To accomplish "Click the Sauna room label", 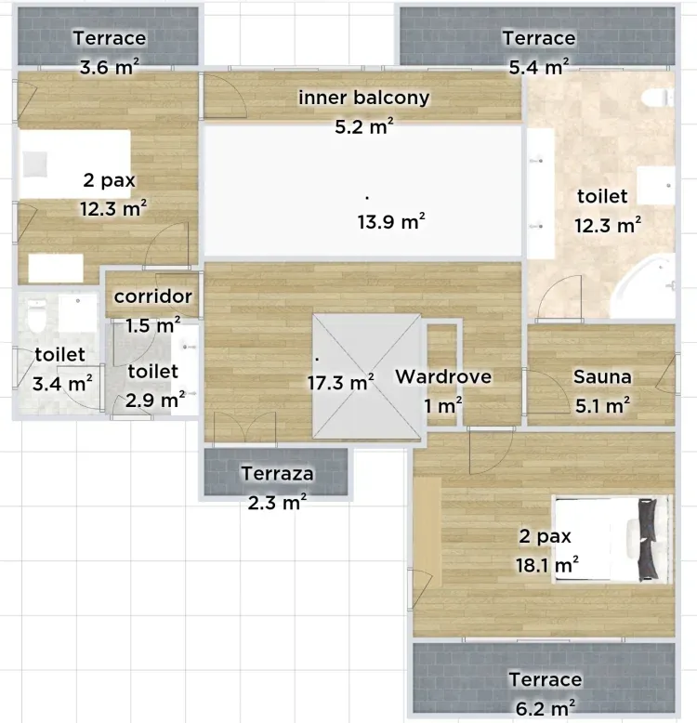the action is coord(602,376).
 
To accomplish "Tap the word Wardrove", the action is coord(443,376).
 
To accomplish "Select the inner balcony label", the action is coord(363,98).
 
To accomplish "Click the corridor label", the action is coord(153,296).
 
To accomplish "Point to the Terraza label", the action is coord(277,474).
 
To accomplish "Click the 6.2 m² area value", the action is coord(546,708).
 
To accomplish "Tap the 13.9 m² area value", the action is coord(391,222).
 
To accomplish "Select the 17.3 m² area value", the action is coord(341,383).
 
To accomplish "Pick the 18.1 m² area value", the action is coord(547,565).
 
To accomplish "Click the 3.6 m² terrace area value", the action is coord(110,67).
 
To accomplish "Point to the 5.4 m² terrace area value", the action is coord(538,67).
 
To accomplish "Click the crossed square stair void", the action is coord(366,376).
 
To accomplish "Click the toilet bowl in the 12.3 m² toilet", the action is coord(658,98).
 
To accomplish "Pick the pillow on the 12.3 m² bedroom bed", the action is coord(34,164).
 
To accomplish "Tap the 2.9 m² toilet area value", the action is coord(155,401).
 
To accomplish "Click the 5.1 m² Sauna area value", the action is coord(602,406).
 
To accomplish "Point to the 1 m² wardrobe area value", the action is coord(443,406).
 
